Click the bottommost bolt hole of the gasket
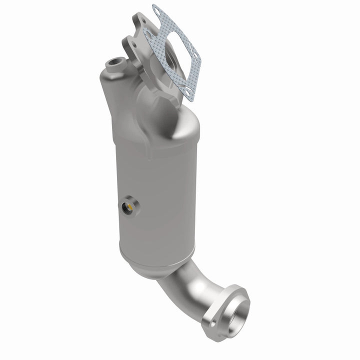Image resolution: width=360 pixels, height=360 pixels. (186, 91)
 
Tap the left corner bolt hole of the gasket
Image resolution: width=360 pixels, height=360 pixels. (146, 32)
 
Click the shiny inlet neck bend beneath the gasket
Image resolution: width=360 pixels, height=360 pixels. (172, 115)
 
